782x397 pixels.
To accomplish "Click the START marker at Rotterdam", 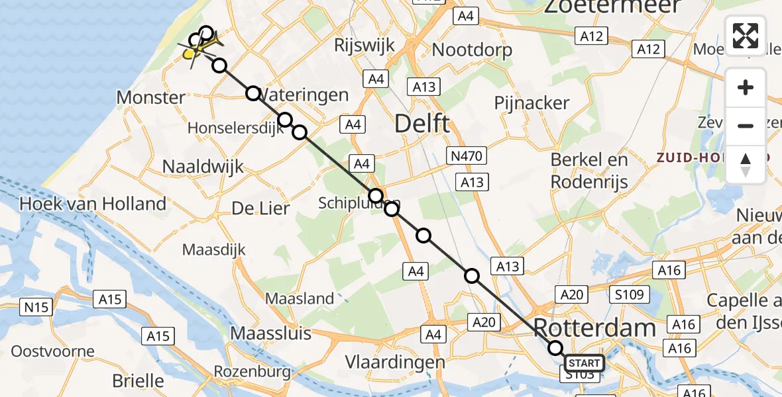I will [x=584, y=363].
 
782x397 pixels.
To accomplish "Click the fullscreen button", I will [x=746, y=36].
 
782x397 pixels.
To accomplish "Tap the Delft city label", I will [x=422, y=123].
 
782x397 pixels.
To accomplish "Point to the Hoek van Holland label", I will [x=93, y=203].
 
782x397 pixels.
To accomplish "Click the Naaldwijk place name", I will [x=203, y=167].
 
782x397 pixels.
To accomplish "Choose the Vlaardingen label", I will [x=396, y=362].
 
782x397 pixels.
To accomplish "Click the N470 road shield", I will [x=467, y=156].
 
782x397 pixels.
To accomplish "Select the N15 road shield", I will [x=36, y=307].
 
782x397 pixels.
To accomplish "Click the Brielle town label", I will [x=138, y=380].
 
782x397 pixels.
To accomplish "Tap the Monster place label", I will [x=151, y=98].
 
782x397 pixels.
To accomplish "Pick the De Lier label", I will [x=260, y=208].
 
